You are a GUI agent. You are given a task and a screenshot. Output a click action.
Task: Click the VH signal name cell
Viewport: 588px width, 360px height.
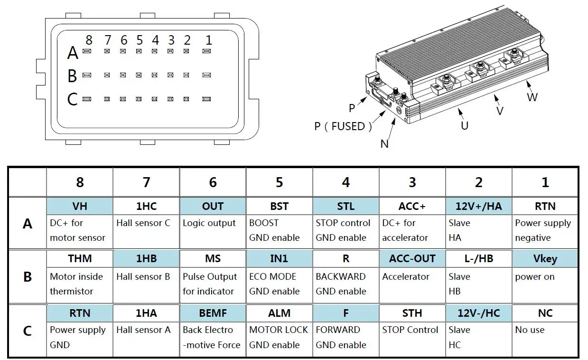80,206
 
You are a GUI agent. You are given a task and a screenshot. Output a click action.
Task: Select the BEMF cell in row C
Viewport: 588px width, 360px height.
213,313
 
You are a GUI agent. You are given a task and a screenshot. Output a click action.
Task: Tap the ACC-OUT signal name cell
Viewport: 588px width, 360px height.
412,259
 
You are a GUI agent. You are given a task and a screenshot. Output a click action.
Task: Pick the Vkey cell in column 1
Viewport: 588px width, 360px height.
545,259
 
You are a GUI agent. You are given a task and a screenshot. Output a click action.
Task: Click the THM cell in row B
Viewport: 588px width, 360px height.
80,259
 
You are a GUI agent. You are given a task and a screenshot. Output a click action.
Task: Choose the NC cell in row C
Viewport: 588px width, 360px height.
545,313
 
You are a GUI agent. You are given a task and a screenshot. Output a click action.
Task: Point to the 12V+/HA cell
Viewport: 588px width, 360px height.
478,206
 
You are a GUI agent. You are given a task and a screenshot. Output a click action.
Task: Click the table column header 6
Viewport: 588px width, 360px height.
213,182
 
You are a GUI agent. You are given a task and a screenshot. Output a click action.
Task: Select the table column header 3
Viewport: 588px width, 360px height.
412,182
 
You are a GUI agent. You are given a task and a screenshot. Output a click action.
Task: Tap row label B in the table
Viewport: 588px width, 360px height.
28,276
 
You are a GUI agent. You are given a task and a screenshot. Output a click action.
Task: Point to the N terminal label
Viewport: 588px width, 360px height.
384,143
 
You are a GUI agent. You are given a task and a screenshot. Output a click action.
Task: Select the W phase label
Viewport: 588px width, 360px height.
532,97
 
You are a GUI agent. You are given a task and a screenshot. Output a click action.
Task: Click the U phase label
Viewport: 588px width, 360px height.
465,125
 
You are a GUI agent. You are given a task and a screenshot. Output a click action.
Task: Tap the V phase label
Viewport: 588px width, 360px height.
499,111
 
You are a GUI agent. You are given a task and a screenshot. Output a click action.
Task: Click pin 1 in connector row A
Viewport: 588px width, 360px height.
206,51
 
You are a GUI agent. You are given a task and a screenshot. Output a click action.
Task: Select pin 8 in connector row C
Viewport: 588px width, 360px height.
87,99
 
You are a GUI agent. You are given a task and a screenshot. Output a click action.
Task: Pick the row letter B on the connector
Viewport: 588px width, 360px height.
72,76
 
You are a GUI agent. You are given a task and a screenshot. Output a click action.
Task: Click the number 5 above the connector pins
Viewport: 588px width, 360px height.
139,40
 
